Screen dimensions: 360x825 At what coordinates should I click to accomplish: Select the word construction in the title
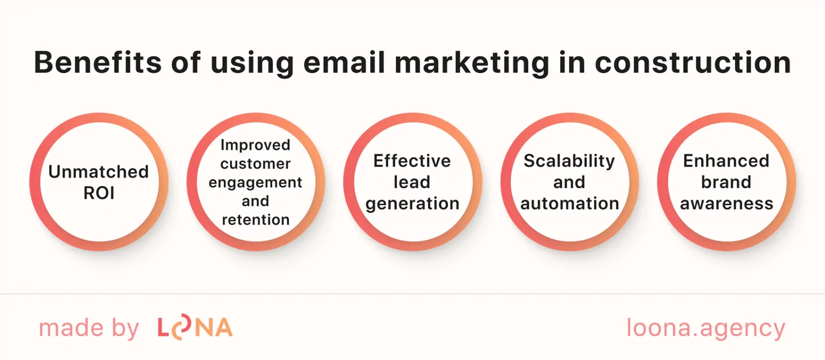pyautogui.click(x=692, y=62)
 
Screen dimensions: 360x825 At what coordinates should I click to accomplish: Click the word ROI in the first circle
pyautogui.click(x=99, y=193)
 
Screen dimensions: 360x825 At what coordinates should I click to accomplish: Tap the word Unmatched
pyautogui.click(x=98, y=171)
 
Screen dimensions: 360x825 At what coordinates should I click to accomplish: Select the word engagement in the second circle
pyautogui.click(x=255, y=183)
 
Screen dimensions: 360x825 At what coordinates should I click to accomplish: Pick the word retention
pyautogui.click(x=256, y=220)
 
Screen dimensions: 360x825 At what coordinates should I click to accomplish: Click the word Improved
pyautogui.click(x=255, y=145)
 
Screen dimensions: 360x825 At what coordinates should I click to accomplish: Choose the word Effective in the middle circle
pyautogui.click(x=412, y=161)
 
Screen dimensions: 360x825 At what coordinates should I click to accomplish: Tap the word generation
pyautogui.click(x=412, y=204)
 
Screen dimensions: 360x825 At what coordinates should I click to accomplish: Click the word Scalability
pyautogui.click(x=569, y=161)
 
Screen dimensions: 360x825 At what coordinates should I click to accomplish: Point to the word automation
pyautogui.click(x=569, y=204)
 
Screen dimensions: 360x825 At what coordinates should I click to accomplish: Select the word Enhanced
pyautogui.click(x=726, y=161)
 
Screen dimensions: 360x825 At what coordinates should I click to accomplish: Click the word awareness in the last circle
pyautogui.click(x=727, y=204)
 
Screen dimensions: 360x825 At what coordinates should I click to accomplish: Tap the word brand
pyautogui.click(x=726, y=182)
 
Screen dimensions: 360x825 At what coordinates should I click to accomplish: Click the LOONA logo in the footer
pyautogui.click(x=195, y=328)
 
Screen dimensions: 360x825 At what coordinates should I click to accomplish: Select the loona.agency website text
pyautogui.click(x=705, y=329)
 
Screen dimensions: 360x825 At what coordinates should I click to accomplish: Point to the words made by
pyautogui.click(x=89, y=329)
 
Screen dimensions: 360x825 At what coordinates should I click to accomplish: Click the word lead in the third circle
pyautogui.click(x=411, y=182)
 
